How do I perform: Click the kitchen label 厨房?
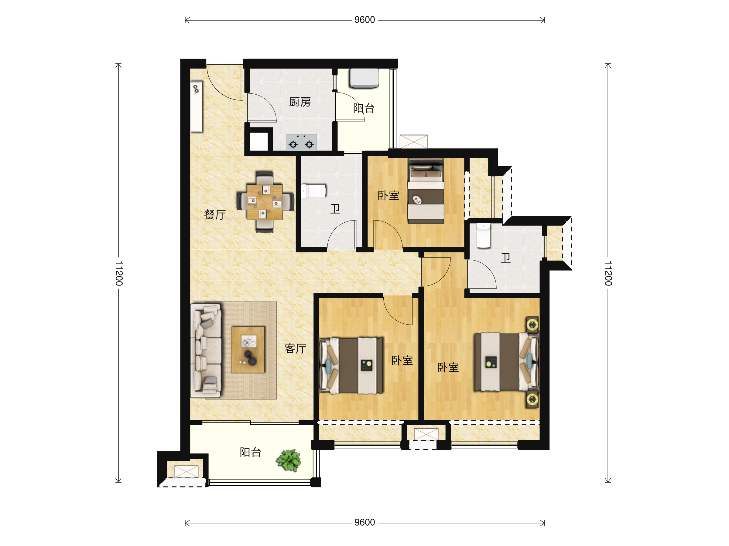(x=299, y=102)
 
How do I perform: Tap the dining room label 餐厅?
(x=215, y=214)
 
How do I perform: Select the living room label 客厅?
(x=295, y=348)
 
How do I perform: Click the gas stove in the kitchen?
(x=301, y=143)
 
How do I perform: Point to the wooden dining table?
(x=265, y=202)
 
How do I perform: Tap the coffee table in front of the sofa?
(x=248, y=349)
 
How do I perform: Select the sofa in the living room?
(x=206, y=351)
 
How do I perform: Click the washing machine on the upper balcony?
(x=364, y=78)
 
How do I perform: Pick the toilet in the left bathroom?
(x=313, y=191)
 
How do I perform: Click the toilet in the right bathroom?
(x=484, y=236)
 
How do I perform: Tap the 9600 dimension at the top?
(x=364, y=20)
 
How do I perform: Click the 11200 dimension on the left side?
(x=119, y=273)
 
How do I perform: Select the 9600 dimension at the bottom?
(x=364, y=523)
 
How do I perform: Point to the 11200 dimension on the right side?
(x=608, y=273)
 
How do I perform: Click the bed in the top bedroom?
(x=426, y=191)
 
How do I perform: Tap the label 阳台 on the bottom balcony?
(x=251, y=453)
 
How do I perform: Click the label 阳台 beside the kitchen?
(x=364, y=108)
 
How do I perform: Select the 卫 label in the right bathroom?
(x=505, y=258)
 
